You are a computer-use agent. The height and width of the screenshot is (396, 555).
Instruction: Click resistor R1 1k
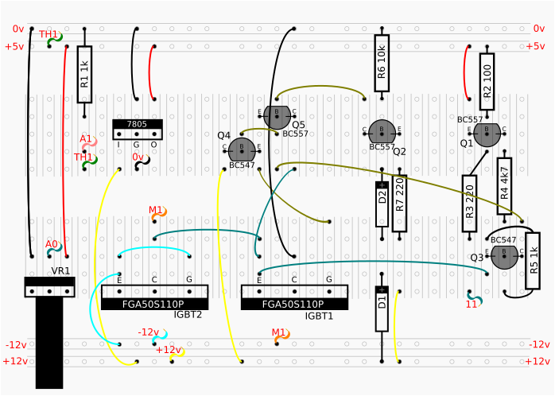point(84,75)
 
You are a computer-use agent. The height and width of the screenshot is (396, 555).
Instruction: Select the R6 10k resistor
point(382,63)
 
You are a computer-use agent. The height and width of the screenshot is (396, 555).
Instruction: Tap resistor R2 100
point(487,81)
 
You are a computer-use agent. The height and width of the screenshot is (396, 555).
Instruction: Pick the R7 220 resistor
point(399,203)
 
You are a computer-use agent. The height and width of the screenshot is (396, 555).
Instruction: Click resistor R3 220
point(469,203)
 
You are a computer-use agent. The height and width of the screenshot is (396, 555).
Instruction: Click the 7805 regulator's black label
point(137,124)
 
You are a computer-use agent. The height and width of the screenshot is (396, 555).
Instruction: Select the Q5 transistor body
point(276,116)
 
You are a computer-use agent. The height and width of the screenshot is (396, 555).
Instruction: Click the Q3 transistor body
point(503,257)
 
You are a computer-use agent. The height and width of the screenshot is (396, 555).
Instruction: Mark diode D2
point(382,204)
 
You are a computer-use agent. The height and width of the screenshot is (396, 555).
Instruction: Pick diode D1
point(382,308)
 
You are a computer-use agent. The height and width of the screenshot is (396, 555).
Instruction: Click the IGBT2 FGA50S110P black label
point(154,304)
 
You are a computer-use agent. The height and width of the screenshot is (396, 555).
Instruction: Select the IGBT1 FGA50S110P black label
point(294,304)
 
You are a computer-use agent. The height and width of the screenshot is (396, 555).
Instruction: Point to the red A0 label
point(51,244)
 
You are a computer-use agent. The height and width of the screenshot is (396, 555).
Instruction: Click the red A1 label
point(85,139)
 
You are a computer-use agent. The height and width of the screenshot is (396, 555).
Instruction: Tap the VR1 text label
point(61,271)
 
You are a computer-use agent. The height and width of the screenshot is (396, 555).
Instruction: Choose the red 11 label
point(472,304)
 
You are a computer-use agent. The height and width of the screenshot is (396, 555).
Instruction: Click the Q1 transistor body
point(486,134)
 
